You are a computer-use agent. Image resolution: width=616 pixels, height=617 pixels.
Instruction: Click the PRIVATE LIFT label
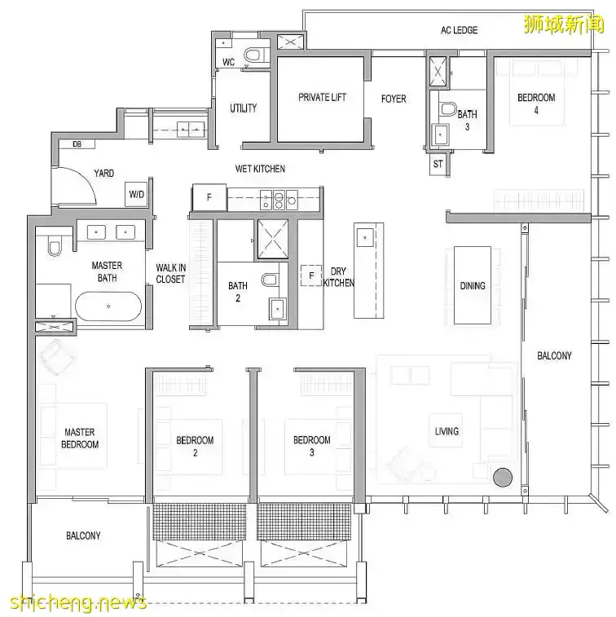(322, 97)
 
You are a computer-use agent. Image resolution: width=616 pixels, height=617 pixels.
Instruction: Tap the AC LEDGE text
(459, 30)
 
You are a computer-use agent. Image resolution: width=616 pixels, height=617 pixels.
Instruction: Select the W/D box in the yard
(137, 194)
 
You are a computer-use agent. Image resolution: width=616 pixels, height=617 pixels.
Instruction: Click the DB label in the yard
(77, 144)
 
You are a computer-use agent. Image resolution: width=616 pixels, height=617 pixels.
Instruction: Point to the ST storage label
(438, 164)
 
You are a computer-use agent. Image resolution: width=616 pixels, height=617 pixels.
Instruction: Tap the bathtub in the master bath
(108, 306)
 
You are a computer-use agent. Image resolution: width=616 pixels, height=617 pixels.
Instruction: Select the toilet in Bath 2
(270, 280)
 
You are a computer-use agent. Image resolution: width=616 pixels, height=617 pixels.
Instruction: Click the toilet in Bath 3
(447, 108)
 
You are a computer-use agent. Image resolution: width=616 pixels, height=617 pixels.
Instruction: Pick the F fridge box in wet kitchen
(209, 197)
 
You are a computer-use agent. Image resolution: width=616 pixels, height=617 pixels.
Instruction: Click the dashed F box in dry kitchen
(311, 275)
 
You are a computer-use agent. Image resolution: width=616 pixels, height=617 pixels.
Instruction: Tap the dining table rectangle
(473, 285)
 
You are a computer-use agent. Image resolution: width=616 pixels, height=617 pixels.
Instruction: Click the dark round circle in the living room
(503, 477)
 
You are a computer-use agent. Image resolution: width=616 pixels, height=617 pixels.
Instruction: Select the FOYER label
(394, 99)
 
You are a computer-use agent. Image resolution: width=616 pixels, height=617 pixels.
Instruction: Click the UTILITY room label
(243, 108)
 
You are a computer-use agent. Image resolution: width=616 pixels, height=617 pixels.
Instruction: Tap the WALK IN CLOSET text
(170, 274)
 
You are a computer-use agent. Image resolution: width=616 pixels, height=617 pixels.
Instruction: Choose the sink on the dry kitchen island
(365, 238)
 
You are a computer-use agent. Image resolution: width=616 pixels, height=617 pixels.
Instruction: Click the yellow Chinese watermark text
(563, 24)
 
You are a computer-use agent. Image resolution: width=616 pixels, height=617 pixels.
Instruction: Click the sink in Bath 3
(440, 134)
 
